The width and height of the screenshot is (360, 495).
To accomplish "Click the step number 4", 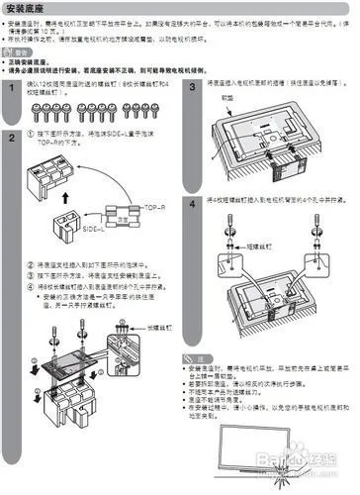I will point(193,204).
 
